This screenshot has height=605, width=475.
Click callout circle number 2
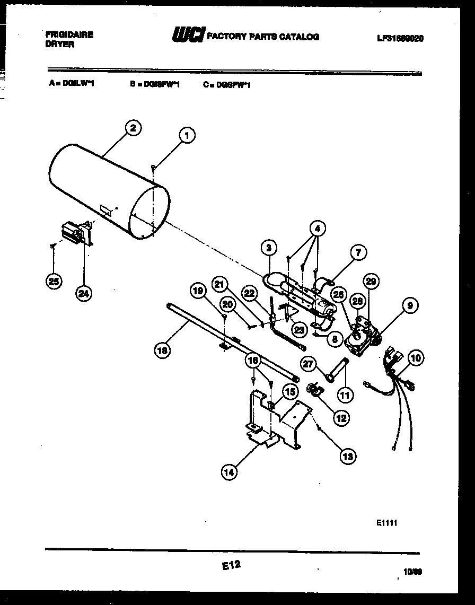click(x=133, y=127)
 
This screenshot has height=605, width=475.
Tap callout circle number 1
click(x=186, y=136)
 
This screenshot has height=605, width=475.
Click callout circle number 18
click(x=162, y=349)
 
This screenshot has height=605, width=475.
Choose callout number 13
click(x=348, y=455)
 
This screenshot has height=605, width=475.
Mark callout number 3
click(x=269, y=247)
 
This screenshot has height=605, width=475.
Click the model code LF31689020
click(x=401, y=38)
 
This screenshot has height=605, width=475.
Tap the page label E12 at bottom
click(x=232, y=566)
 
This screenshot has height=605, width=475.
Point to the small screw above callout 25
click(x=52, y=245)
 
